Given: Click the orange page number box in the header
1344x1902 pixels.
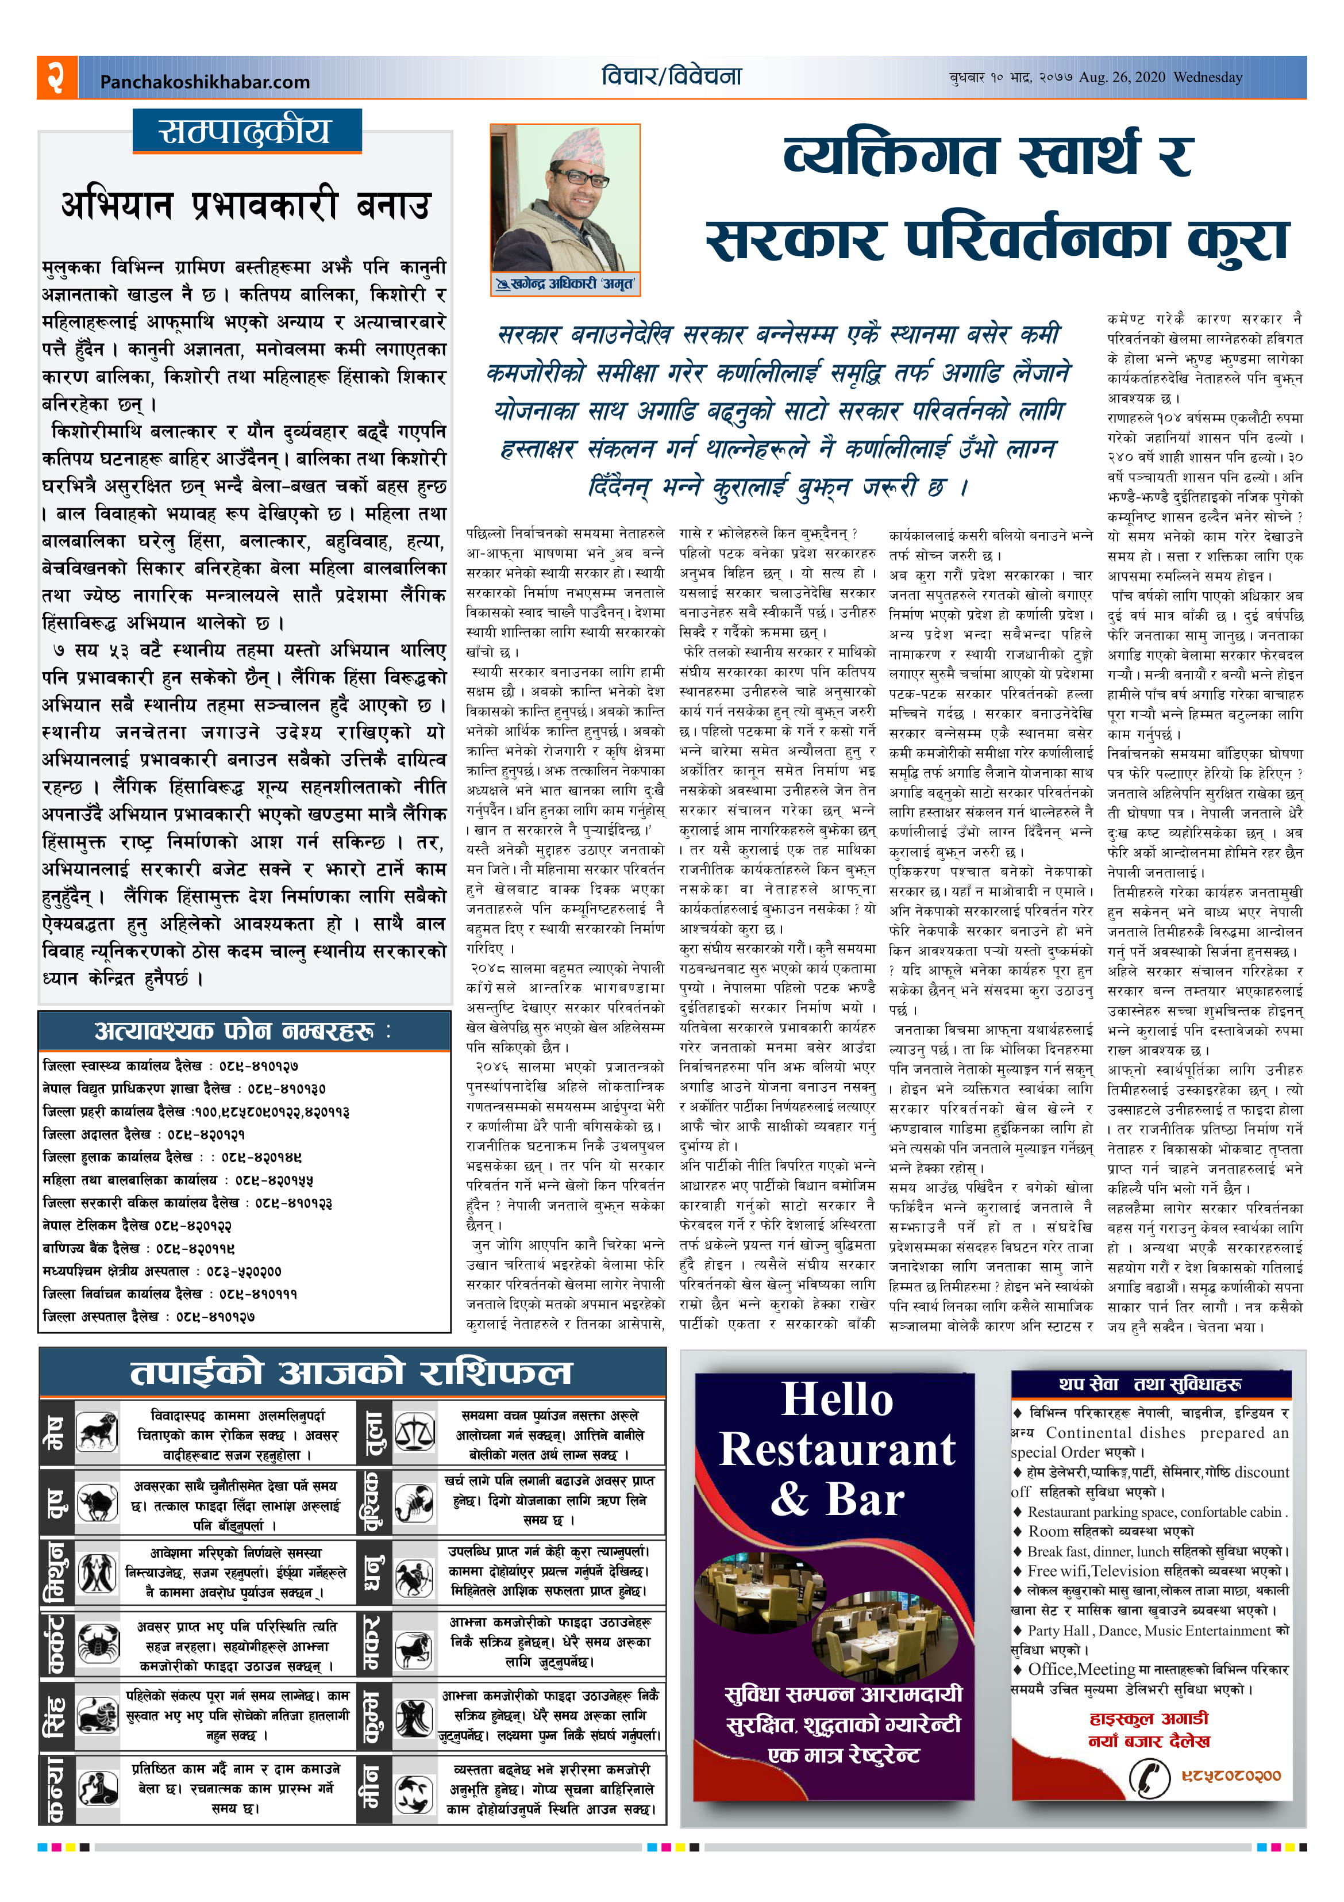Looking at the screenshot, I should tap(57, 78).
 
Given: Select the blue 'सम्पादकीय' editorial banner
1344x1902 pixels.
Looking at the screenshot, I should tap(247, 131).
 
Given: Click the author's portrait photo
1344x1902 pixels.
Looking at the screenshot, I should tap(565, 199).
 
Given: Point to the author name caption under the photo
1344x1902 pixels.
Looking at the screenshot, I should tap(565, 284).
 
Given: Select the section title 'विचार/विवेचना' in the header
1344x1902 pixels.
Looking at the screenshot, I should tap(672, 77).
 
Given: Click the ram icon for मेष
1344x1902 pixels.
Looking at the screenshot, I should tap(97, 1432).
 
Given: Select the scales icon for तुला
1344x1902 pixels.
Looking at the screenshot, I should tap(414, 1432).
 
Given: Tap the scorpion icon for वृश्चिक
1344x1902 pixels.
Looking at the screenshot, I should tap(414, 1504).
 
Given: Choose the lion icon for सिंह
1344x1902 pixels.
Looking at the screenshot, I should tap(97, 1716).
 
